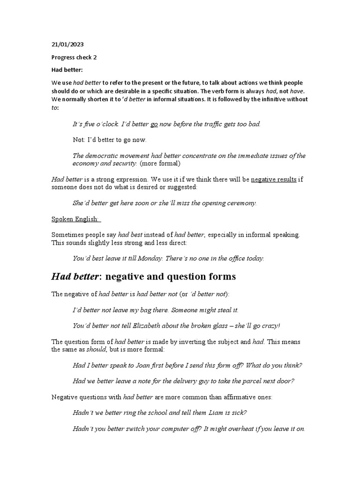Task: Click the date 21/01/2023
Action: point(67,45)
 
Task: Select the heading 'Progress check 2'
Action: point(74,57)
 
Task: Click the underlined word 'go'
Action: point(154,124)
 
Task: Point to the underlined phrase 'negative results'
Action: point(274,180)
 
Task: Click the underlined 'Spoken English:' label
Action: point(76,219)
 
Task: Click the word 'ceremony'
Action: point(240,203)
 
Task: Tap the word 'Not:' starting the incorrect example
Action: point(79,140)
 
